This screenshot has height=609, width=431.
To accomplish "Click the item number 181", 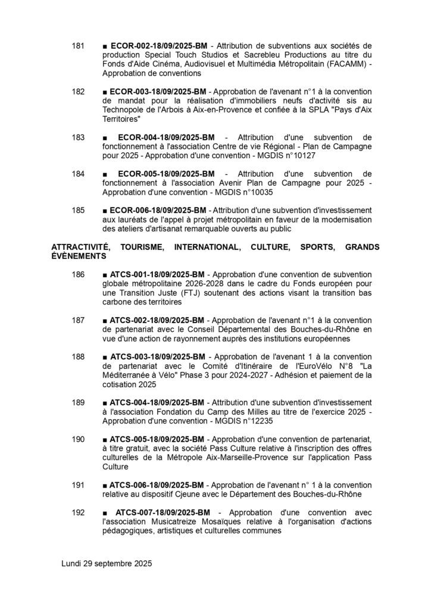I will [x=79, y=45].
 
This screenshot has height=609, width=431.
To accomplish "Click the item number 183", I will [x=79, y=137].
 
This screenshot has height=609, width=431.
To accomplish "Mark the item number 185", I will [x=79, y=211].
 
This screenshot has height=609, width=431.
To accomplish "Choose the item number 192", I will [x=79, y=513].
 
